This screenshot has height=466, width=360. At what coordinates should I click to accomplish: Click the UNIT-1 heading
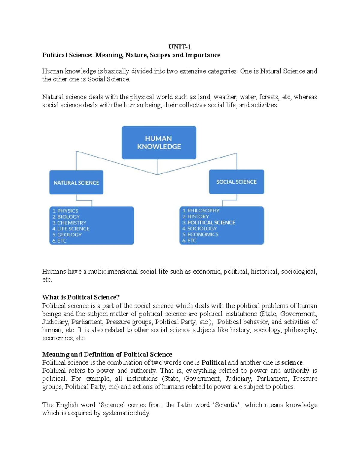tap(180, 47)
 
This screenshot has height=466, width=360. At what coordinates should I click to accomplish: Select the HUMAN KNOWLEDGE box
tap(159, 143)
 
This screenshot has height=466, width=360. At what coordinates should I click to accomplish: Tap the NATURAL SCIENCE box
tap(76, 182)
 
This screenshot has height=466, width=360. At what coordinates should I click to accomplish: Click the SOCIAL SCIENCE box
tap(236, 182)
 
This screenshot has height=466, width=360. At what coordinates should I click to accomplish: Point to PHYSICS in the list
tap(67, 211)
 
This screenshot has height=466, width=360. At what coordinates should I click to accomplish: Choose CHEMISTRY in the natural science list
tap(72, 223)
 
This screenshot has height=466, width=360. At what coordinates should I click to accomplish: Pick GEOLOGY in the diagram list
tap(69, 235)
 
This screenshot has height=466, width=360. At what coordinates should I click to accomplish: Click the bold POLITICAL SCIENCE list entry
tap(211, 222)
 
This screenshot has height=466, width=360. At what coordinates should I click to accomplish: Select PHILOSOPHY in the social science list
tap(203, 210)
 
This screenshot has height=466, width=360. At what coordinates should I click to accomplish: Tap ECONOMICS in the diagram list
tap(203, 234)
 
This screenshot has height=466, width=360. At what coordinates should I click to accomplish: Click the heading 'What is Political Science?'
tap(81, 297)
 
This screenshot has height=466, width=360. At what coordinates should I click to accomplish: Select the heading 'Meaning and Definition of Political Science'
tap(107, 354)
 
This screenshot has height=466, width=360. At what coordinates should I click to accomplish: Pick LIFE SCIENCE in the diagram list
tap(73, 229)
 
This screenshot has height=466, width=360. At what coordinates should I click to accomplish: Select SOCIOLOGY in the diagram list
tap(202, 228)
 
